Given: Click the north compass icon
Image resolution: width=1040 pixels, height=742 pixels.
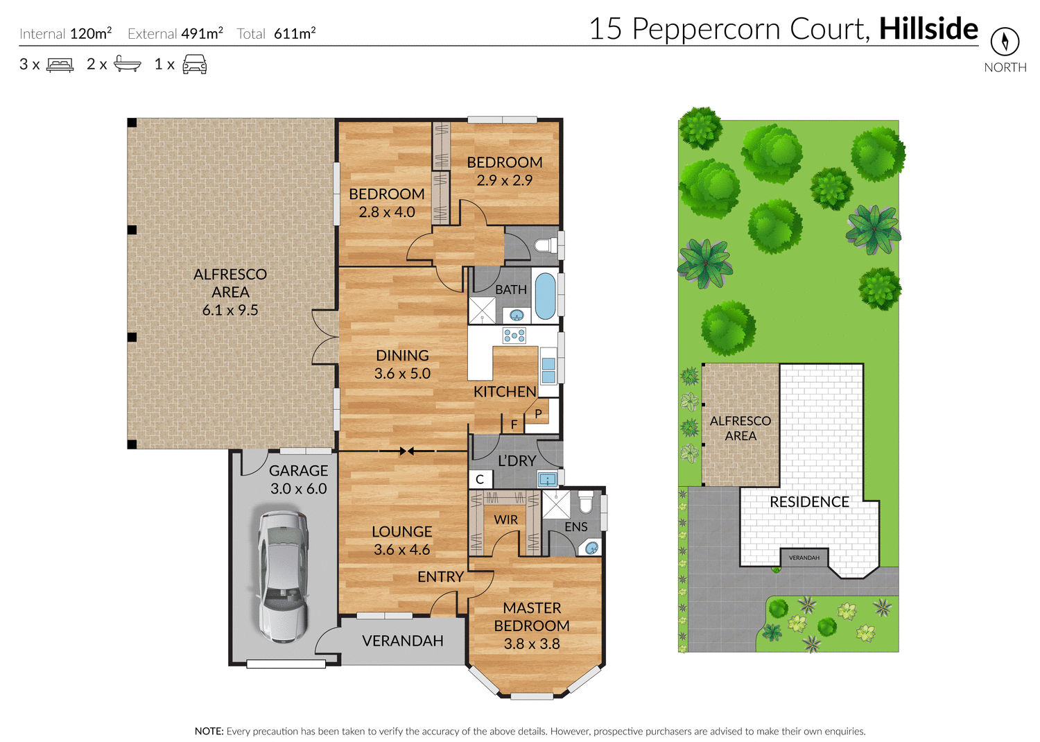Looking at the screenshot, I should pyautogui.click(x=1004, y=42).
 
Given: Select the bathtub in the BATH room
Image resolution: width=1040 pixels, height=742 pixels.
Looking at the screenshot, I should pyautogui.click(x=546, y=296).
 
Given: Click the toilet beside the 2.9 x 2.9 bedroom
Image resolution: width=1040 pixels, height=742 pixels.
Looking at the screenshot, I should pyautogui.click(x=546, y=245).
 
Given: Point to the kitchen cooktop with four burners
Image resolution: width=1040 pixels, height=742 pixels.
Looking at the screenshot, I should pyautogui.click(x=514, y=336).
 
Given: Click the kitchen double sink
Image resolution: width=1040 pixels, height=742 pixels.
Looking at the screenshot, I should pyautogui.click(x=548, y=370).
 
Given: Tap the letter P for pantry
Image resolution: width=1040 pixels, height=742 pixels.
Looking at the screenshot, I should pyautogui.click(x=538, y=414).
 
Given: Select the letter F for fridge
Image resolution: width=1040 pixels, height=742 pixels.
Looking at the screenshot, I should pyautogui.click(x=514, y=424).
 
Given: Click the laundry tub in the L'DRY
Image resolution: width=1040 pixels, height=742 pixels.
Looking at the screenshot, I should pyautogui.click(x=548, y=479).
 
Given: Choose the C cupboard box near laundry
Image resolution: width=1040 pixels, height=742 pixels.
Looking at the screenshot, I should pyautogui.click(x=480, y=479).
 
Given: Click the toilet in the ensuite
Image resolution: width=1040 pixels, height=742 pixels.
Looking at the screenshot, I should pyautogui.click(x=586, y=502).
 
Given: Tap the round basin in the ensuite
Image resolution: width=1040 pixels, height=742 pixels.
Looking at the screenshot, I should pyautogui.click(x=591, y=548).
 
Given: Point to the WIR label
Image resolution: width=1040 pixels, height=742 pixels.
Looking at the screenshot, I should pyautogui.click(x=505, y=519).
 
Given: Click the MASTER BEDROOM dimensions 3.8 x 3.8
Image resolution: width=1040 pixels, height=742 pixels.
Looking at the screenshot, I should pyautogui.click(x=532, y=644).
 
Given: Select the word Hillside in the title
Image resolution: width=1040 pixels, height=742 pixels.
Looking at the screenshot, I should pyautogui.click(x=928, y=29).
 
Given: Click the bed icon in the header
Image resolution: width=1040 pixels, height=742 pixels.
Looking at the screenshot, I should pyautogui.click(x=60, y=64).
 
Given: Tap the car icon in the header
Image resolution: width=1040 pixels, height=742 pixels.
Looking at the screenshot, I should pyautogui.click(x=194, y=64).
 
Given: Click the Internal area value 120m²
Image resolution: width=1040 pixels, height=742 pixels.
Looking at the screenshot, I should pyautogui.click(x=91, y=33).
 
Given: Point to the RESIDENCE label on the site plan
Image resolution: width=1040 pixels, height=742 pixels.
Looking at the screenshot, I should pyautogui.click(x=809, y=501).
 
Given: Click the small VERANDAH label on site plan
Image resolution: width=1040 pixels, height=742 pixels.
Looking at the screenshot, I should pyautogui.click(x=804, y=558).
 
